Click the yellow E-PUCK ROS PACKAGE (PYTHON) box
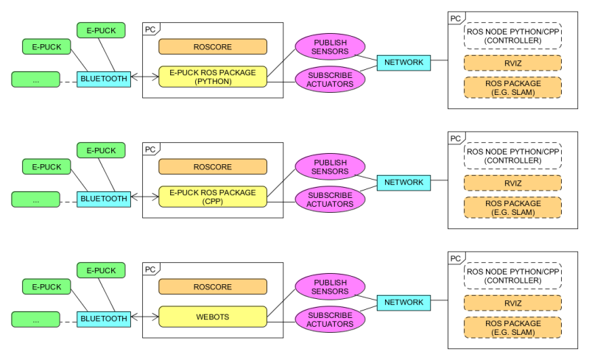[213, 77]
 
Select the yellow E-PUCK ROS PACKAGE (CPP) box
[213, 197]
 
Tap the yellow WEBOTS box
[213, 317]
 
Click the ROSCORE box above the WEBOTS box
[213, 286]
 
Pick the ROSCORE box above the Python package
[213, 46]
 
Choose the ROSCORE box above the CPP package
[213, 166]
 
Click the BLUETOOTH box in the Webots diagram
[105, 318]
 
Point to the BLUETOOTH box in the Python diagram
[105, 77]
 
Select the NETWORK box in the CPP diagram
[403, 182]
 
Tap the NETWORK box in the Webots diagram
[403, 302]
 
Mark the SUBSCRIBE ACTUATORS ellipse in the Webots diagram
[331, 319]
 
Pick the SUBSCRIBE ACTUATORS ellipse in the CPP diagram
[331, 199]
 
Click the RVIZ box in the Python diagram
[512, 63]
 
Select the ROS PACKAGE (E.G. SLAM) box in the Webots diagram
[512, 328]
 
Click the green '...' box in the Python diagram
[36, 78]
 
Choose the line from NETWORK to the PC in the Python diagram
[440, 62]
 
